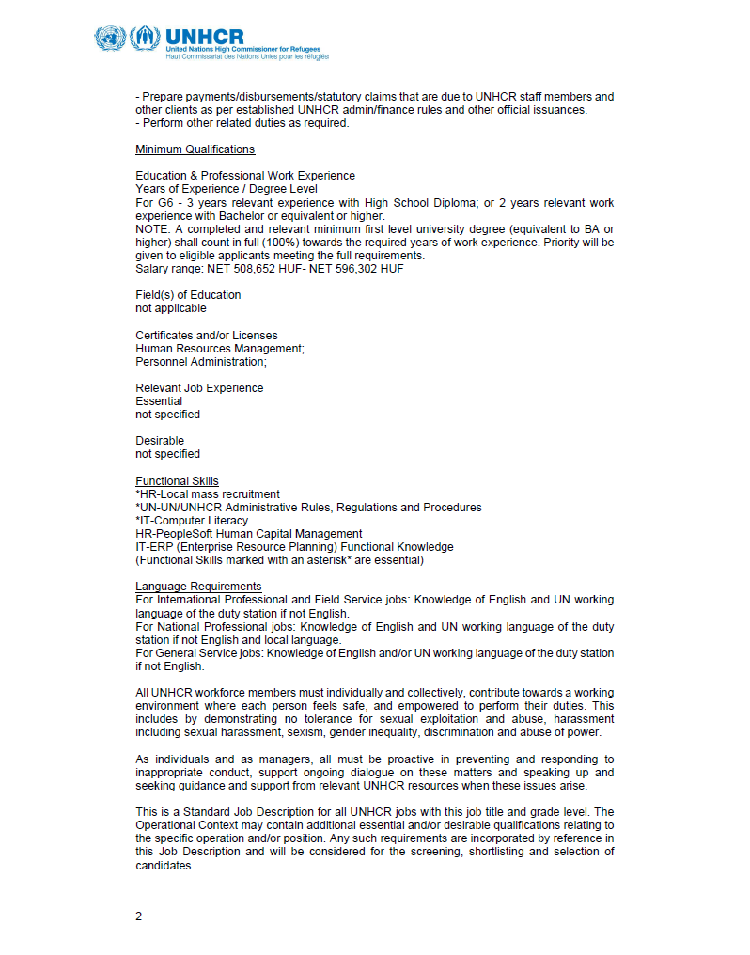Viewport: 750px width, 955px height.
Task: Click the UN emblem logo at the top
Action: (109, 39)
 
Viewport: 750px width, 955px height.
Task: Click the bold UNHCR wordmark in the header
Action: (204, 35)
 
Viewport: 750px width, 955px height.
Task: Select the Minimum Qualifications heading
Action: (195, 149)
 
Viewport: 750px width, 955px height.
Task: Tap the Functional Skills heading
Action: (177, 481)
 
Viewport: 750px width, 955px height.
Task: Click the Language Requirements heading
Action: (198, 587)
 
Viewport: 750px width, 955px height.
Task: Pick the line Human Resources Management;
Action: (219, 349)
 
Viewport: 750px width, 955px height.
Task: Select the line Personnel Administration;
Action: (200, 362)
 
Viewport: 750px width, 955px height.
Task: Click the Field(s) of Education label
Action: (188, 295)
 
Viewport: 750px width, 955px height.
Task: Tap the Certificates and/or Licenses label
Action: (206, 336)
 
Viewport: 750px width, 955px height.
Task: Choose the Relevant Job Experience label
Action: (199, 388)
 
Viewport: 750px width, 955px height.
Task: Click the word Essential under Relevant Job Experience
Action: (159, 401)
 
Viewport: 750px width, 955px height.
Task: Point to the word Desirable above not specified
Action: (160, 441)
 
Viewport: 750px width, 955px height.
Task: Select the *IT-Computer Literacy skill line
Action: (192, 521)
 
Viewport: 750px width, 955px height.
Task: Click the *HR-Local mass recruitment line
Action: (207, 494)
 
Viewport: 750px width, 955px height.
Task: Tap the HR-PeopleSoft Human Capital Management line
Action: (248, 534)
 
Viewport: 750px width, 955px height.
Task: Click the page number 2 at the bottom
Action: (138, 915)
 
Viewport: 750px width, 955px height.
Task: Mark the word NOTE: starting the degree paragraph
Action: (153, 229)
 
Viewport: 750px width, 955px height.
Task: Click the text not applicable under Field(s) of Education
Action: (170, 308)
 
